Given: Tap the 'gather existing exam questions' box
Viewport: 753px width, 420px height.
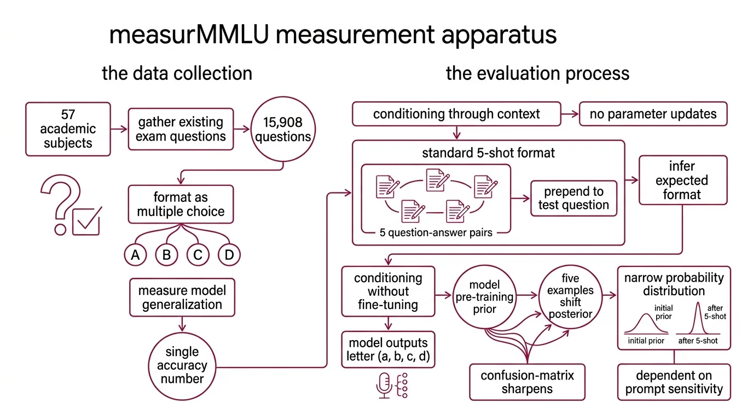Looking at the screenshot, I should point(181,129).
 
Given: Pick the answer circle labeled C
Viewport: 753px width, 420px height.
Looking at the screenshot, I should point(198,254).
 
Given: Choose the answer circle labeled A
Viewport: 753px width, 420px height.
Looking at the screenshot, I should point(135,254).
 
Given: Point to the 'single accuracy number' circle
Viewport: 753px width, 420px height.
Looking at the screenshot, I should point(182,365).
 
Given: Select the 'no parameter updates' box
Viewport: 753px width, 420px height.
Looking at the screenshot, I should point(653,114).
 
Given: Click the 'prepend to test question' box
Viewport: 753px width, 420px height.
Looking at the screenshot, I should point(574,199).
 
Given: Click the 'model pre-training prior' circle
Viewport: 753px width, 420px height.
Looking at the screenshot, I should point(484,297).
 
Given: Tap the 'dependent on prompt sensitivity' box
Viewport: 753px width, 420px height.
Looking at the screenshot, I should point(674,382).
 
